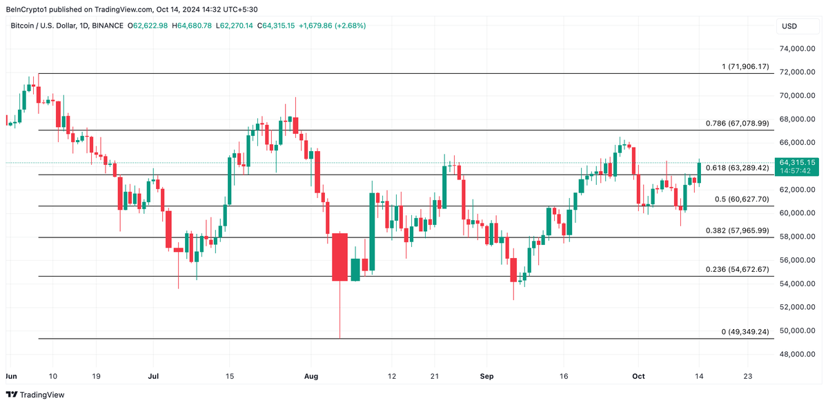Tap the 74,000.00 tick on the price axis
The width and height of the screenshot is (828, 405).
click(x=798, y=49)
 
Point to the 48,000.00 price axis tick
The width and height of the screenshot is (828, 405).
click(x=798, y=355)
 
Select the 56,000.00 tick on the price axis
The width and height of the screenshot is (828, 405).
click(x=798, y=260)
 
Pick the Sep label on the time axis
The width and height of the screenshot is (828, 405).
click(x=487, y=376)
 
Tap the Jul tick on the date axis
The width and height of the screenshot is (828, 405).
click(x=153, y=376)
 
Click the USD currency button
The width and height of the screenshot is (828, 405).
click(x=788, y=26)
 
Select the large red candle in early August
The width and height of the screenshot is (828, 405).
click(x=339, y=257)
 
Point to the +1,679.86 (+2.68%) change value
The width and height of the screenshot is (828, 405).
click(x=331, y=26)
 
